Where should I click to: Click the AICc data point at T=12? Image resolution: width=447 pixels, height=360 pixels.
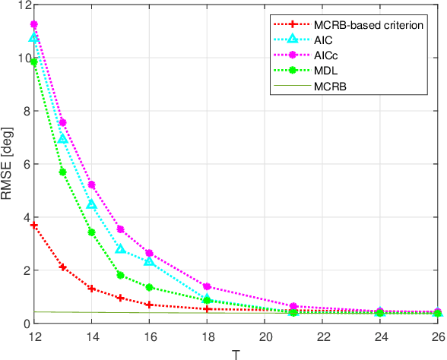[x=33, y=24]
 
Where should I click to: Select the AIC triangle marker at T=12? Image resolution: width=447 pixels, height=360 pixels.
[x=33, y=37]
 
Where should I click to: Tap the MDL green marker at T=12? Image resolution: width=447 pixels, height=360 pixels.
[x=33, y=62]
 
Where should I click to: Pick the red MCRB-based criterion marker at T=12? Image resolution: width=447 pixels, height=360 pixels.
[x=33, y=226]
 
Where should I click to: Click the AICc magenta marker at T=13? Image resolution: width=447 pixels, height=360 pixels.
[x=62, y=122]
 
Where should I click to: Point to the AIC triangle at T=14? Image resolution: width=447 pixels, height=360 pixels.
[x=91, y=204]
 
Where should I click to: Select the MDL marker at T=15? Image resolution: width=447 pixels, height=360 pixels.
[x=120, y=275]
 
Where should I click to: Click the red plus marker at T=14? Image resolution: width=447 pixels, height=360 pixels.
[x=91, y=289]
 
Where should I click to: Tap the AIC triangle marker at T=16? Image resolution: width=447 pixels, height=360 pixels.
[x=149, y=261]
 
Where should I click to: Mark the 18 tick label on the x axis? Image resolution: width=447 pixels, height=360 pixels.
[x=207, y=335]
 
